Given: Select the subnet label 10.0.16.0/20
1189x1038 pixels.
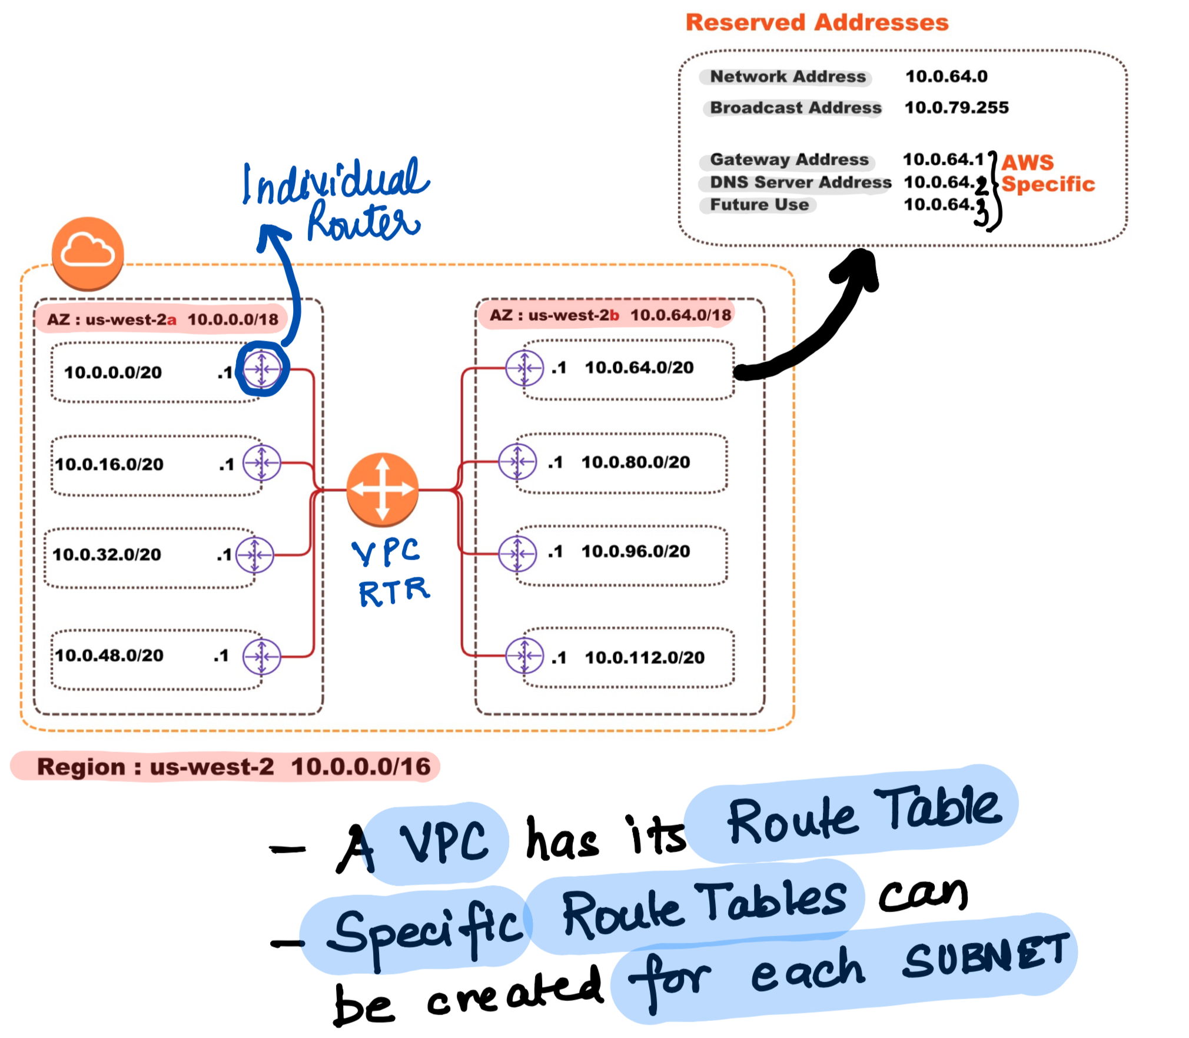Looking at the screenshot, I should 109,464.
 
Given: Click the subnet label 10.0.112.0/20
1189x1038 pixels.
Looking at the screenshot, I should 645,657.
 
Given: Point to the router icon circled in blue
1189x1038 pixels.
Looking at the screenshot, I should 262,369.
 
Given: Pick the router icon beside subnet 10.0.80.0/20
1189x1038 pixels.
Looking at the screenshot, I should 517,462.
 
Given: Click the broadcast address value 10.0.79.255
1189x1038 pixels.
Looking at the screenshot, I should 956,108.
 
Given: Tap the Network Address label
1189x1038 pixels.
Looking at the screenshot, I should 788,76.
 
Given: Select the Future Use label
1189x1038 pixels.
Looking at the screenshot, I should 759,205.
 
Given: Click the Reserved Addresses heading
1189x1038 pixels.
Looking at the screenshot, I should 817,22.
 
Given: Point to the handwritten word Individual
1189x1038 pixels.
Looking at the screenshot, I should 336,182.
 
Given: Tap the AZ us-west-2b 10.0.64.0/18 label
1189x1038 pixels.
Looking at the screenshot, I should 610,315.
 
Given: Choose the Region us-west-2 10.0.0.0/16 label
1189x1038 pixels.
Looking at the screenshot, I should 233,767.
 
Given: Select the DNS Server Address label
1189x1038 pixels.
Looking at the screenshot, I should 801,182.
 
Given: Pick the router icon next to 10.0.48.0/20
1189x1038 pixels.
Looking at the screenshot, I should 262,656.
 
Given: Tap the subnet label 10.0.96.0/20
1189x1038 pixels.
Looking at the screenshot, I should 636,551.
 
